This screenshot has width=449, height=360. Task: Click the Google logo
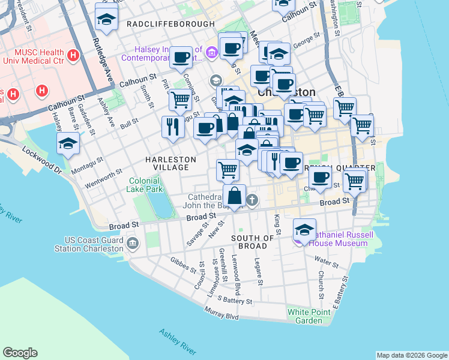pyautogui.click(x=20, y=353)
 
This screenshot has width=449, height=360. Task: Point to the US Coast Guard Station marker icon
pyautogui.click(x=132, y=244)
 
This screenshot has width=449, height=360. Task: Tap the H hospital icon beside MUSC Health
pyautogui.click(x=73, y=56)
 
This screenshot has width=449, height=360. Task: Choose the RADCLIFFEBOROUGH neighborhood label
pyautogui.click(x=170, y=24)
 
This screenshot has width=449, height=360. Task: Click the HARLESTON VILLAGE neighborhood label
pyautogui.click(x=170, y=163)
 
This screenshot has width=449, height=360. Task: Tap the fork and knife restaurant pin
pyautogui.click(x=172, y=127)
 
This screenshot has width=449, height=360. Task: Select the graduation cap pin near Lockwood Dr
pyautogui.click(x=68, y=143)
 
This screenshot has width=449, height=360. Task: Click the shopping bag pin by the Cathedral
pyautogui.click(x=234, y=195)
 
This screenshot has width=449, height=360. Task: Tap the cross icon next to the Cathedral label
pyautogui.click(x=253, y=200)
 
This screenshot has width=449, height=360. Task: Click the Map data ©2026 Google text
pyautogui.click(x=411, y=355)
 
